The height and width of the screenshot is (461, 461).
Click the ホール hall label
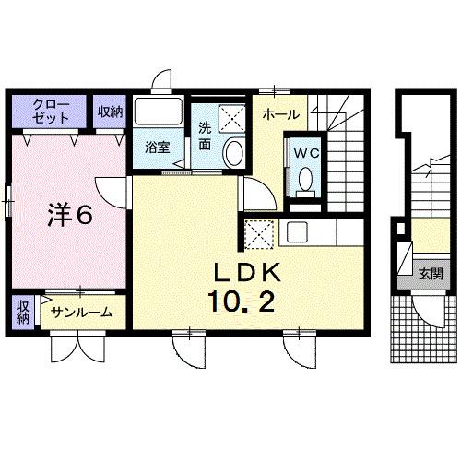pyautogui.click(x=279, y=114)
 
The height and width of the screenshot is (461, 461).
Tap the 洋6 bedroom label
pyautogui.click(x=69, y=215)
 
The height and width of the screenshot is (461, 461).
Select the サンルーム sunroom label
pyautogui.click(x=82, y=313)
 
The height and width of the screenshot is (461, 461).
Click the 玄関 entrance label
pyautogui.click(x=430, y=274)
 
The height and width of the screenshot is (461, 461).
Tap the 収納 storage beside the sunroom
pyautogui.click(x=22, y=312)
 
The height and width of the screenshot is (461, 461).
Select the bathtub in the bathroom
pyautogui.click(x=160, y=114)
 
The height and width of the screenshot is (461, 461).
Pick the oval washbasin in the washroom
pyautogui.click(x=234, y=152)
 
